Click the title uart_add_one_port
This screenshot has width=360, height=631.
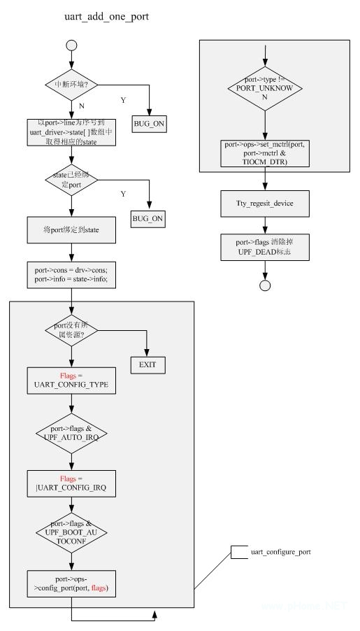pyautogui.click(x=106, y=15)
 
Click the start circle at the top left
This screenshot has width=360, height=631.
pyautogui.click(x=71, y=46)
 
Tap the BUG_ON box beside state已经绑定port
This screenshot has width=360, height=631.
pyautogui.click(x=149, y=219)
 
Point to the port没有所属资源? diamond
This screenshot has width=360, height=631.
pyautogui.click(x=71, y=331)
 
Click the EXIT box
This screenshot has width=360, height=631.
pyautogui.click(x=147, y=364)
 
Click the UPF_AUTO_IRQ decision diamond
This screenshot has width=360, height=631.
pyautogui.click(x=71, y=430)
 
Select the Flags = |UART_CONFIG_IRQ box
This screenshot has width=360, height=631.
pyautogui.click(x=71, y=481)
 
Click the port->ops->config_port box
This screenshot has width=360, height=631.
pyautogui.click(x=71, y=582)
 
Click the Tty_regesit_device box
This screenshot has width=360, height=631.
pyautogui.click(x=265, y=204)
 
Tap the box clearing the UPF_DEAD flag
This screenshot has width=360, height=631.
pyautogui.click(x=265, y=248)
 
